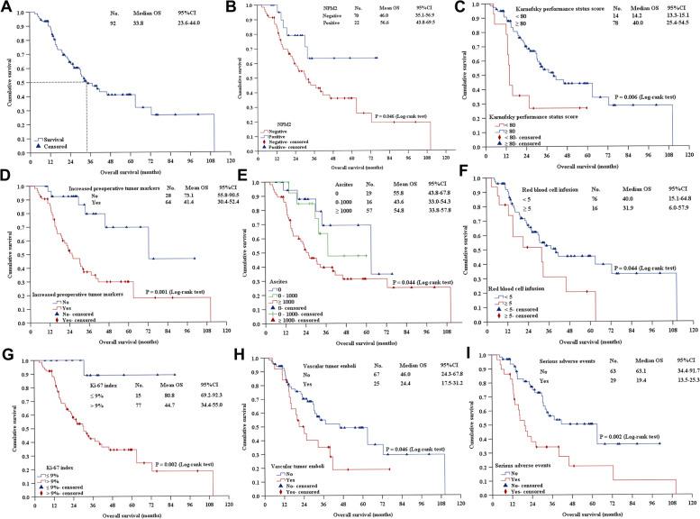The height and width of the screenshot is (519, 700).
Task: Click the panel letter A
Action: [7, 8]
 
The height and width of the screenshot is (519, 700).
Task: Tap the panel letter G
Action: [7, 354]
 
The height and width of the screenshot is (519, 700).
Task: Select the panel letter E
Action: [239, 181]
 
